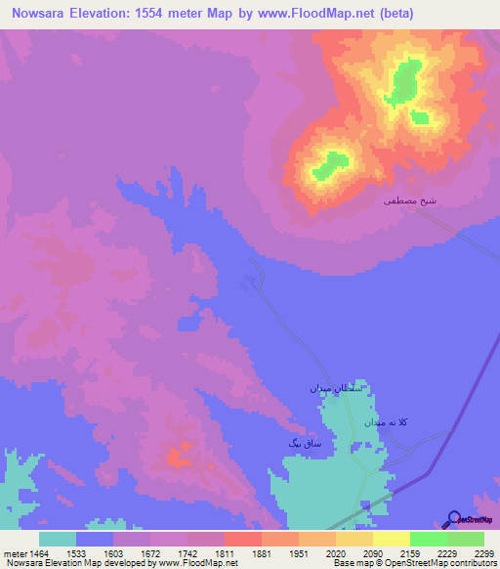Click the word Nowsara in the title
pos(39,14)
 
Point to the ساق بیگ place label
pos(306,443)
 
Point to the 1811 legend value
pos(226,553)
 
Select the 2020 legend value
pos(336,553)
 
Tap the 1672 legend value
pos(151,553)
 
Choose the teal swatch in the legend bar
pos(58,539)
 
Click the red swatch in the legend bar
pos(242,539)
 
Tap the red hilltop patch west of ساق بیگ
pos(178,456)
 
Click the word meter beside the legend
pos(15,553)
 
